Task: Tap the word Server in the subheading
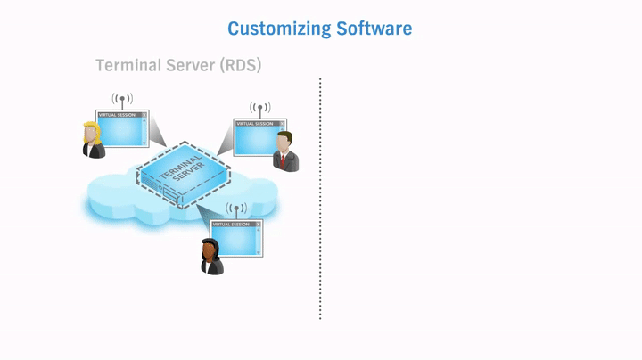[x=198, y=66]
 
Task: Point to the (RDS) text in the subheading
[x=243, y=66]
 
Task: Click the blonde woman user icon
[x=93, y=141]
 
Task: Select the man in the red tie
[x=285, y=152]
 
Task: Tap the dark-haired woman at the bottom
[x=211, y=257]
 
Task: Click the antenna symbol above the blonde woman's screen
[x=122, y=99]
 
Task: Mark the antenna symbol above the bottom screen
[x=236, y=209]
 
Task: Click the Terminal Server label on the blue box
[x=182, y=169]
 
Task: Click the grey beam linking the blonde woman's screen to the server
[x=157, y=134]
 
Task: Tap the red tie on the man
[x=285, y=161]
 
